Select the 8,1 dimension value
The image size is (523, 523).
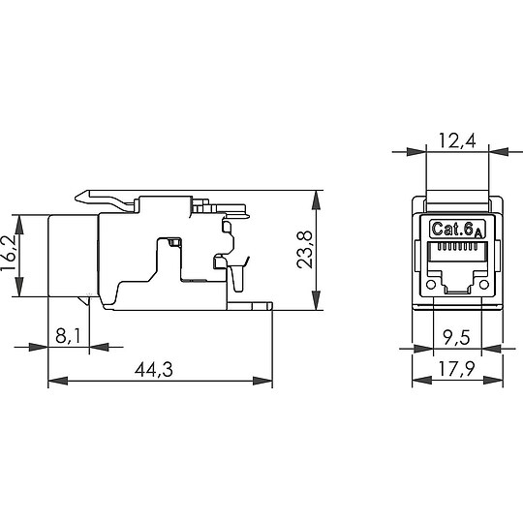69,336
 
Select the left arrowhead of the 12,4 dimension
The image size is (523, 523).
417,152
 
